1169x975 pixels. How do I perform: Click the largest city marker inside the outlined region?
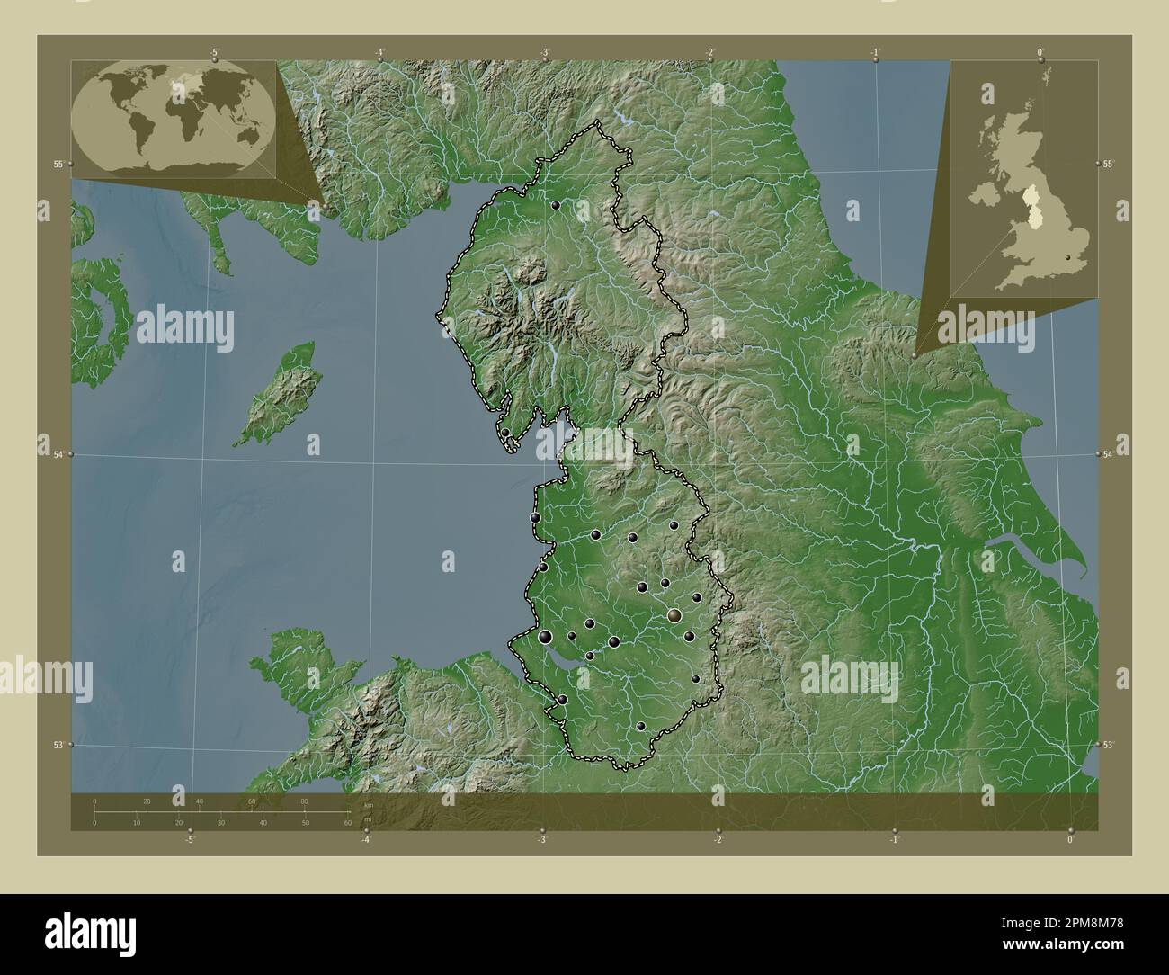tap(674, 615)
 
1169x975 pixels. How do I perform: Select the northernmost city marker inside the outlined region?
tap(557, 206)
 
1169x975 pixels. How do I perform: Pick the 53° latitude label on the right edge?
tap(1108, 745)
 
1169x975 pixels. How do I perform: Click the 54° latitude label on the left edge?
tap(58, 455)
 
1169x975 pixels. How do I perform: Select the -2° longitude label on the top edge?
tap(709, 52)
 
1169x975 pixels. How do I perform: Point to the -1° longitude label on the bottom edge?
tap(893, 840)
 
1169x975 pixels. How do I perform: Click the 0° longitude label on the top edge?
tap(1040, 52)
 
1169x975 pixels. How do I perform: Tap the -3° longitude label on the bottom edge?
tap(541, 840)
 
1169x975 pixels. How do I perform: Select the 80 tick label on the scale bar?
tap(305, 801)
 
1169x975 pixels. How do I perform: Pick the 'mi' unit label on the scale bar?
tap(367, 819)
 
